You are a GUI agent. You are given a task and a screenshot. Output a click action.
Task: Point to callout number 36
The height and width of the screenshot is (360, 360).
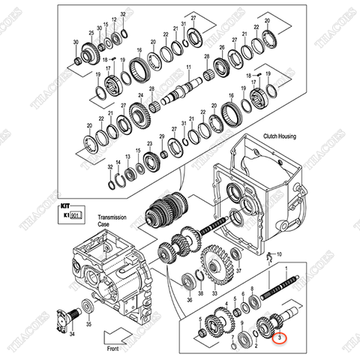(169, 300)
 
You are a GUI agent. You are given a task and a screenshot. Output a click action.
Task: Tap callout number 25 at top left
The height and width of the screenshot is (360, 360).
(91, 34)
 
